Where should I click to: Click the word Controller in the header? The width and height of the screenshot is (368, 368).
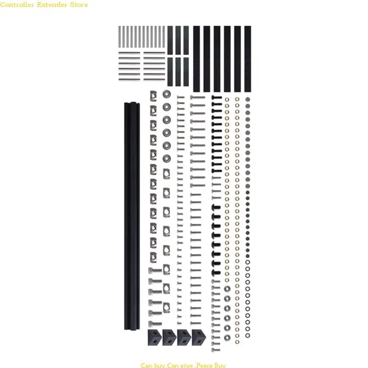(18, 5)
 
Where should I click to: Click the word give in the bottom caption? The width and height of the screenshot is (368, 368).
(181, 365)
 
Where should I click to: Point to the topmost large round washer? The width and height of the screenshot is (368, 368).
(167, 94)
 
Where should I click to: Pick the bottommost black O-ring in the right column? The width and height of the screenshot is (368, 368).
(247, 335)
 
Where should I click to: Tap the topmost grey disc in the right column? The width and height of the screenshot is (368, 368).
(247, 99)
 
